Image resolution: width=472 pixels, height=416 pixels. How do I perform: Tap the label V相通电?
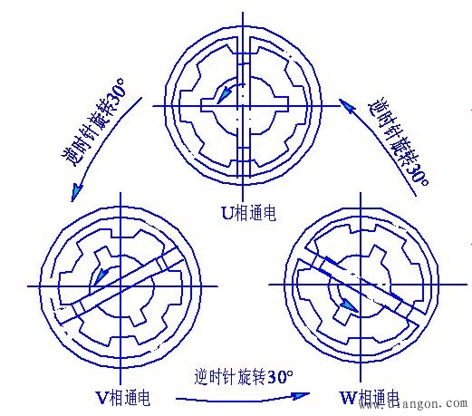(122, 397)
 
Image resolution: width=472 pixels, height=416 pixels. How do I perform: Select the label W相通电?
(368, 397)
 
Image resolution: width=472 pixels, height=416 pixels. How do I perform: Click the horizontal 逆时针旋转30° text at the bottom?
(244, 375)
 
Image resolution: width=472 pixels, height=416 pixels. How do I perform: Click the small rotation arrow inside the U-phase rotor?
(222, 91)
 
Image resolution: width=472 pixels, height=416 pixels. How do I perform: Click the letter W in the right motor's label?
(346, 397)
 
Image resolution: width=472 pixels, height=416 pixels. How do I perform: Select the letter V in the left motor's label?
(101, 397)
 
